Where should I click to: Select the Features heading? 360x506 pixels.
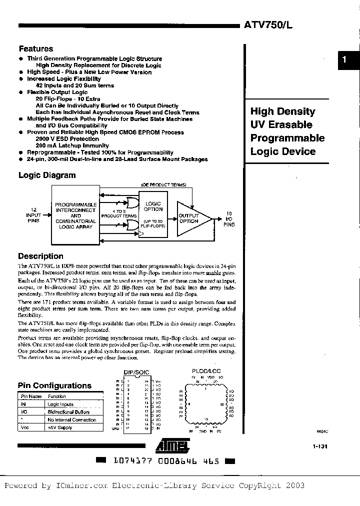click(35, 49)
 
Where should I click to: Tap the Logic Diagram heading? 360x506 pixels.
click(47, 175)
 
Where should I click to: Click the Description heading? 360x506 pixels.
click(40, 256)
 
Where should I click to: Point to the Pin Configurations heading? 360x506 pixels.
click(54, 385)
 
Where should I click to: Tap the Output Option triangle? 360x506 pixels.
click(190, 218)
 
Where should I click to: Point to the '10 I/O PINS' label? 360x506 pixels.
click(228, 219)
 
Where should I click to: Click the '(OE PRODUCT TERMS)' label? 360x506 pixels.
click(164, 184)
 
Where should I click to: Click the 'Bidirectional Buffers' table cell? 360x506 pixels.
click(68, 412)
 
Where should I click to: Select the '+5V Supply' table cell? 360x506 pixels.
click(60, 427)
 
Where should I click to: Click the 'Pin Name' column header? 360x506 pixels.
click(30, 396)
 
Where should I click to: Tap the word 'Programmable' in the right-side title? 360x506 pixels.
click(287, 138)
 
